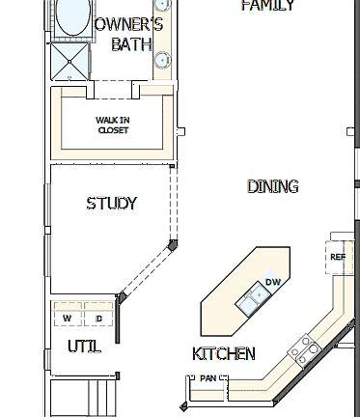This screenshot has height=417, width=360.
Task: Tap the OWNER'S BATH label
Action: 132,34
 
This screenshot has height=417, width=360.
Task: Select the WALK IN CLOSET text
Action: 112,125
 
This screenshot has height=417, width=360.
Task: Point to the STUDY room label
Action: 112,204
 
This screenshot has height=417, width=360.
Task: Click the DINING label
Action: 272,186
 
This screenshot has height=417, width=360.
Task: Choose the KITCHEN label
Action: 224,353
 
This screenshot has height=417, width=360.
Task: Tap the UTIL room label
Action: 84,346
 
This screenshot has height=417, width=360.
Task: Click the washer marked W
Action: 68,318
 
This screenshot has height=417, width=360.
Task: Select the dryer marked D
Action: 97,318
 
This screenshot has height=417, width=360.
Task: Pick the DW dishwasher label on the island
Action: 273,282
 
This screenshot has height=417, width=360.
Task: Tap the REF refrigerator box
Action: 338,257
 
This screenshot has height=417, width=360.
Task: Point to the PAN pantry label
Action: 208,378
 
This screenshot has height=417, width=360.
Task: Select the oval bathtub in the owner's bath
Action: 72,17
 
